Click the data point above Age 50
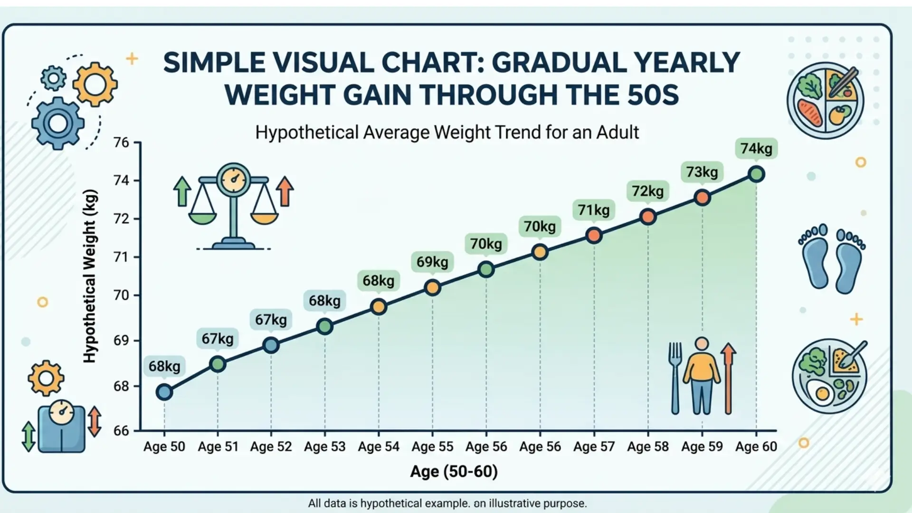164,392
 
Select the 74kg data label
756,148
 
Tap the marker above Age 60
756,174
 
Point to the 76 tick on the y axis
122,142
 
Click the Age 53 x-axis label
325,446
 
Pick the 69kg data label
432,262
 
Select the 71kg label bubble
594,209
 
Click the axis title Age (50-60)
454,471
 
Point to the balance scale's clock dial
233,179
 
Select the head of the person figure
702,343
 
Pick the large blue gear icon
58,123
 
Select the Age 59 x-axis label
702,446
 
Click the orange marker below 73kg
702,198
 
